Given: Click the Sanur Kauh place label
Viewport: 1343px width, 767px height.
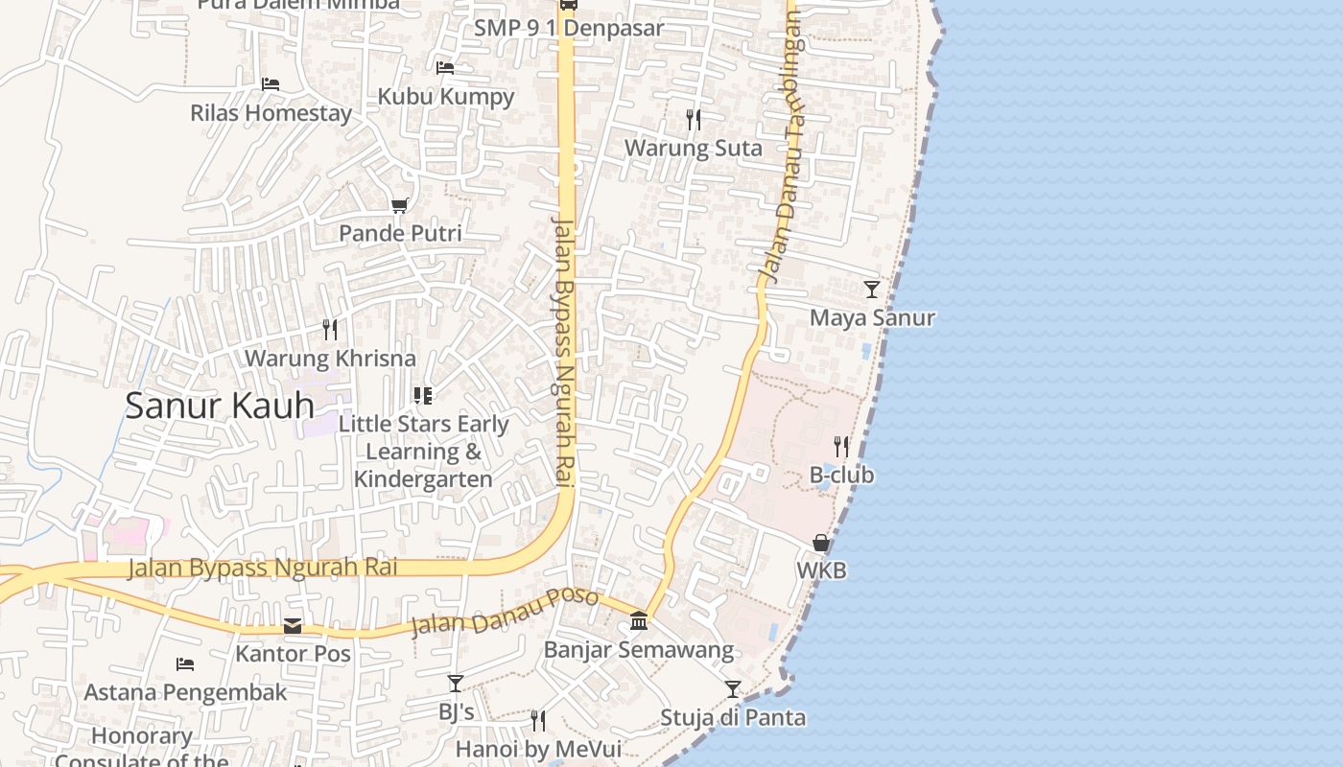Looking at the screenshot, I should tap(220, 406).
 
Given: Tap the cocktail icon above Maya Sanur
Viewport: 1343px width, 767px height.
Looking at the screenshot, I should tap(871, 289).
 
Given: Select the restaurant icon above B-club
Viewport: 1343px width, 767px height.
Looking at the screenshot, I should tap(841, 446).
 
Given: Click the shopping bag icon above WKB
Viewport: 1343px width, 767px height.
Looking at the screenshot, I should tap(821, 543).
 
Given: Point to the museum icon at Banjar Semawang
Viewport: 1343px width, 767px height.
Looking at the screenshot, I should tap(639, 621).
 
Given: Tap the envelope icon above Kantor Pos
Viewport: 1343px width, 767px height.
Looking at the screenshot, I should tap(293, 626).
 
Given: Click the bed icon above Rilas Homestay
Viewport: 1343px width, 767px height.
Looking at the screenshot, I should tap(271, 84).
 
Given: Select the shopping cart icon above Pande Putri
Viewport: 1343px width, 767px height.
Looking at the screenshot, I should tap(400, 205).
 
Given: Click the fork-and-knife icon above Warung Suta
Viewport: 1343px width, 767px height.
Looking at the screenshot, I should tap(694, 120).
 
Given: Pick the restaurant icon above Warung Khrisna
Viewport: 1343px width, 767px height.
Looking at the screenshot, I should tap(330, 330).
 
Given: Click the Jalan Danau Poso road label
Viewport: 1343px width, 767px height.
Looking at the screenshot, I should tap(505, 613).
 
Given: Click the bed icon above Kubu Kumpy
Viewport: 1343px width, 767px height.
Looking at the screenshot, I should tap(445, 68).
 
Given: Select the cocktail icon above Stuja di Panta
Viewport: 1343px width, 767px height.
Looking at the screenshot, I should tap(733, 689).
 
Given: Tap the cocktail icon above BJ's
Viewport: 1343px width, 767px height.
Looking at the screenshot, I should tap(456, 684).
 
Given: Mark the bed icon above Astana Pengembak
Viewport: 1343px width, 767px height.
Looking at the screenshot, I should tap(185, 663).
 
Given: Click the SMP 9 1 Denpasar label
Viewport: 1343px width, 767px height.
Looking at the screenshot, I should tap(569, 28).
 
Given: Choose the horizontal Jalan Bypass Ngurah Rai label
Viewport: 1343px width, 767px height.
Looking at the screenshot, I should tap(263, 568).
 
